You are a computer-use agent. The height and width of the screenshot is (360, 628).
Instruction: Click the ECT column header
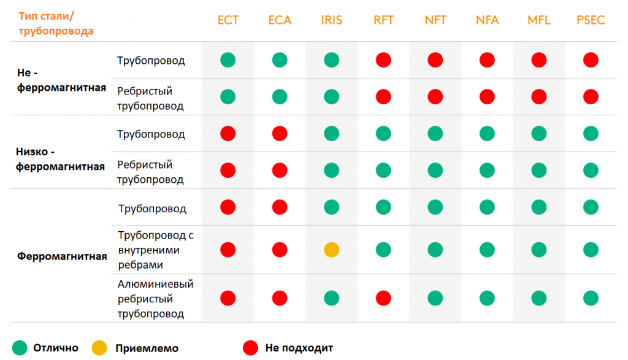click(x=228, y=20)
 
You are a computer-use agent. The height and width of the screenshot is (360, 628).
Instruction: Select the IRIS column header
click(x=331, y=20)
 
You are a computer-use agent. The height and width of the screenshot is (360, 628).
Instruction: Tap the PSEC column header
click(x=590, y=20)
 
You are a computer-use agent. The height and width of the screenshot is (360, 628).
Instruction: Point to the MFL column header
click(x=538, y=20)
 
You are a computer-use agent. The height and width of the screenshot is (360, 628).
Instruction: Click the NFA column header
click(x=487, y=20)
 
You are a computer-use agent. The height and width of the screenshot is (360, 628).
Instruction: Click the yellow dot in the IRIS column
click(x=331, y=250)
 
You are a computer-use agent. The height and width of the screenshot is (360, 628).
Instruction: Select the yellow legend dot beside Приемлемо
click(x=99, y=348)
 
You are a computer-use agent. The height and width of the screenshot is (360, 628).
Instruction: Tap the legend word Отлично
click(x=56, y=348)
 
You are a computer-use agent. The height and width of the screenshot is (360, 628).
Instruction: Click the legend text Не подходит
click(x=299, y=348)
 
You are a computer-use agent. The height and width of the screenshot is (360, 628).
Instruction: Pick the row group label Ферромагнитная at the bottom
click(x=62, y=256)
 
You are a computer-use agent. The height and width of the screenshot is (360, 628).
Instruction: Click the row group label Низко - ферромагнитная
click(x=59, y=158)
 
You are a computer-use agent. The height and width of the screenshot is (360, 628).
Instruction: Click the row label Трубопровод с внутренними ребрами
click(x=156, y=250)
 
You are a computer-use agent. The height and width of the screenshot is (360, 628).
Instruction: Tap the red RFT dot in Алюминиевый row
click(x=383, y=298)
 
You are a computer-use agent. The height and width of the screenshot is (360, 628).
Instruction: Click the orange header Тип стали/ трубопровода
click(x=56, y=23)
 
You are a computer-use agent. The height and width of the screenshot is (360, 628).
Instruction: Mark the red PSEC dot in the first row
click(x=590, y=60)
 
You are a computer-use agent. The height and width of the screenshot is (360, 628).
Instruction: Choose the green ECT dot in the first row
click(x=228, y=60)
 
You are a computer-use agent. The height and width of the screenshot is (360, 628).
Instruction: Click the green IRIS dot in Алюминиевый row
click(x=331, y=298)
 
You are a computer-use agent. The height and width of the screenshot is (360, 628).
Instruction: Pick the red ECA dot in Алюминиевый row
click(x=280, y=298)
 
